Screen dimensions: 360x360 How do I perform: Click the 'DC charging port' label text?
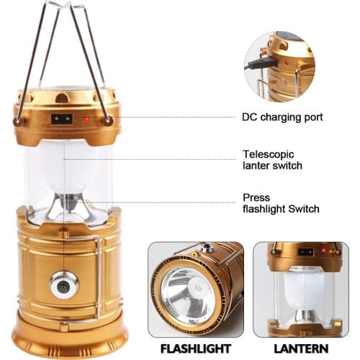point(282,117)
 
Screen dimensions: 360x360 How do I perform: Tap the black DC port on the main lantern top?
point(61,119)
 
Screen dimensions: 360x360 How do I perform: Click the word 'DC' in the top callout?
point(249,117)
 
